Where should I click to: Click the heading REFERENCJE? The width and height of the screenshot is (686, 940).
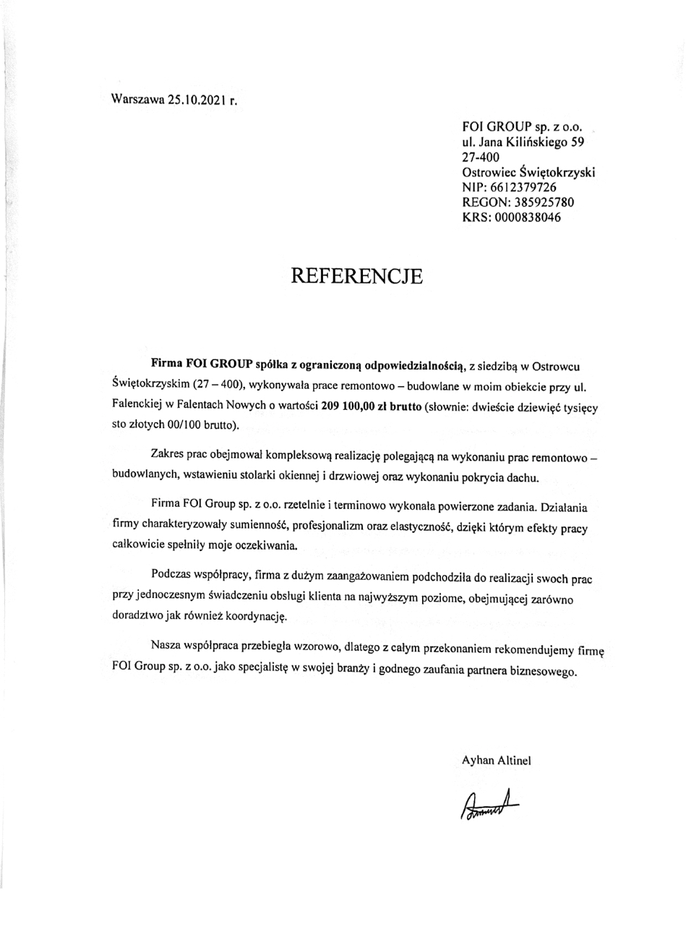point(356,275)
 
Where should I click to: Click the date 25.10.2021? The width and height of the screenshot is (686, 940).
point(197,101)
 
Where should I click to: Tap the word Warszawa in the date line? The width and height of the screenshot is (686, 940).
point(137,101)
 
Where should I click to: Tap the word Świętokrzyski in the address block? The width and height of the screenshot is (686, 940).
point(557,172)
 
